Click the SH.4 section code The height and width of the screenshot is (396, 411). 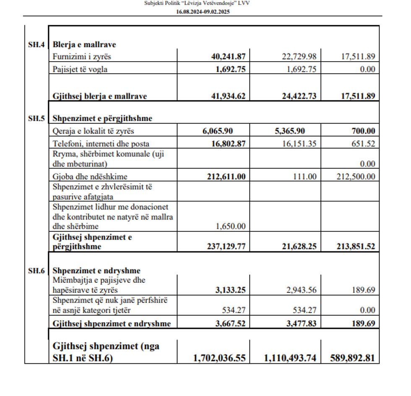click(x=36, y=45)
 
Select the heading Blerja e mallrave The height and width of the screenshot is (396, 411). click(x=84, y=45)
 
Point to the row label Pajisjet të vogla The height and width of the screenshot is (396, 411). click(x=80, y=70)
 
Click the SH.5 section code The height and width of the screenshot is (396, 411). click(x=36, y=119)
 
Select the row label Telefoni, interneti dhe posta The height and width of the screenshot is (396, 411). click(x=101, y=144)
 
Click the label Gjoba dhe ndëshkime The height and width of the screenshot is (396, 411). click(x=90, y=176)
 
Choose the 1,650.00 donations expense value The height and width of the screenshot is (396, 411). click(x=231, y=227)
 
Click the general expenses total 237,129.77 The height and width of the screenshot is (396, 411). click(x=226, y=247)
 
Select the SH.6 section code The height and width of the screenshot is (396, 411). click(x=36, y=271)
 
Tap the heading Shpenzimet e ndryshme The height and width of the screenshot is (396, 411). click(x=96, y=271)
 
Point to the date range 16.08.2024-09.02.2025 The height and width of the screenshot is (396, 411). click(x=203, y=12)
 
